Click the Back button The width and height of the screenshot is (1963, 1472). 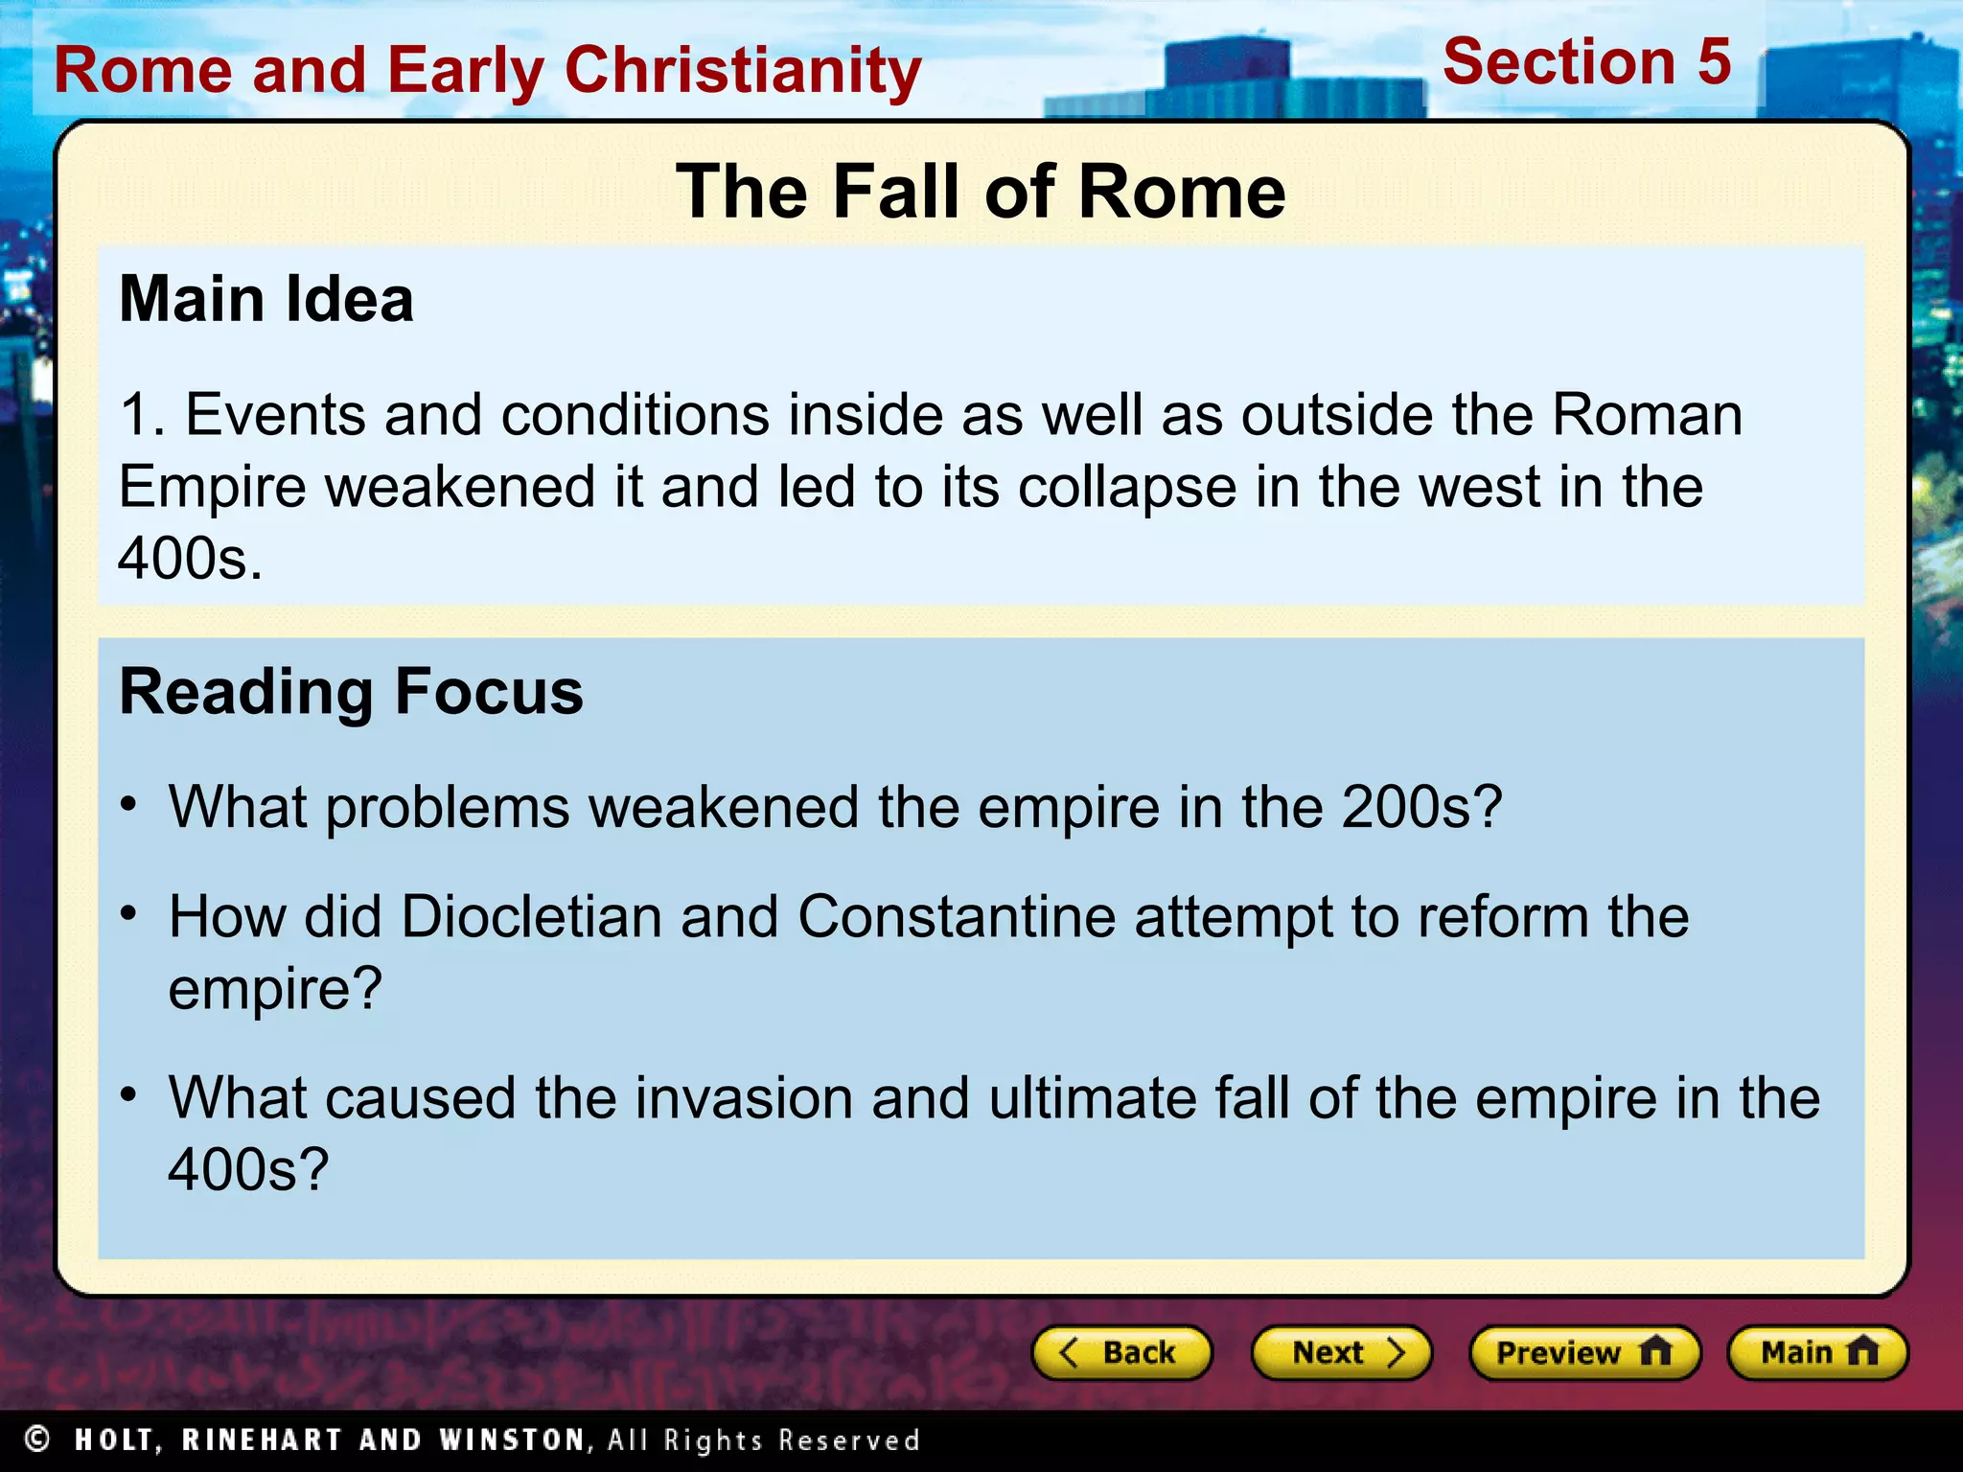click(1120, 1352)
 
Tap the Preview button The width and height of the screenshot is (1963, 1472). click(1583, 1352)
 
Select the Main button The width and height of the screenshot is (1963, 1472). click(1817, 1352)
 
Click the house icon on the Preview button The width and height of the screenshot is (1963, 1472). click(1655, 1351)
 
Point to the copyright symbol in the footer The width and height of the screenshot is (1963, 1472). click(37, 1438)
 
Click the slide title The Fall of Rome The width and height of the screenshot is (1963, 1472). click(980, 192)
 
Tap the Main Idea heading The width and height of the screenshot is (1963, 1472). click(266, 299)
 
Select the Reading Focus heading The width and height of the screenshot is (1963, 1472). click(351, 692)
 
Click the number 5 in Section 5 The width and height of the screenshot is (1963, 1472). click(1714, 62)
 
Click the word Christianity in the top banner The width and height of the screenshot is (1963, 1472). click(742, 71)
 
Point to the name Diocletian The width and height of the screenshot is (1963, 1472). click(531, 916)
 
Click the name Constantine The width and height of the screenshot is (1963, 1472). click(956, 916)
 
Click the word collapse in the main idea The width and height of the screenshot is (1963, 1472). click(1127, 488)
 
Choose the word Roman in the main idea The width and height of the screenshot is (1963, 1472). click(1646, 416)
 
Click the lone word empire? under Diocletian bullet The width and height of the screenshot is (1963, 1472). click(275, 989)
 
